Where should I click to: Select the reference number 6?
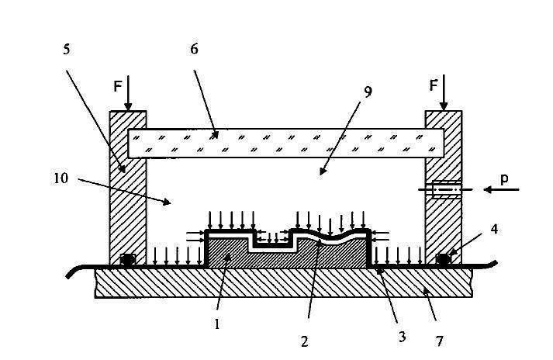coord(195,49)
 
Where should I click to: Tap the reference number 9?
coord(368,91)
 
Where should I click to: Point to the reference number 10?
coord(61,178)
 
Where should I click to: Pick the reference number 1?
coord(217,324)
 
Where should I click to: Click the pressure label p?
coord(505,178)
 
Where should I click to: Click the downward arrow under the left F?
coord(128,99)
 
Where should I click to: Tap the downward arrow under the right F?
coord(443,99)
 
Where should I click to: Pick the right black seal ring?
coord(443,259)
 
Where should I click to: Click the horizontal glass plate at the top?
coord(285,143)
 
